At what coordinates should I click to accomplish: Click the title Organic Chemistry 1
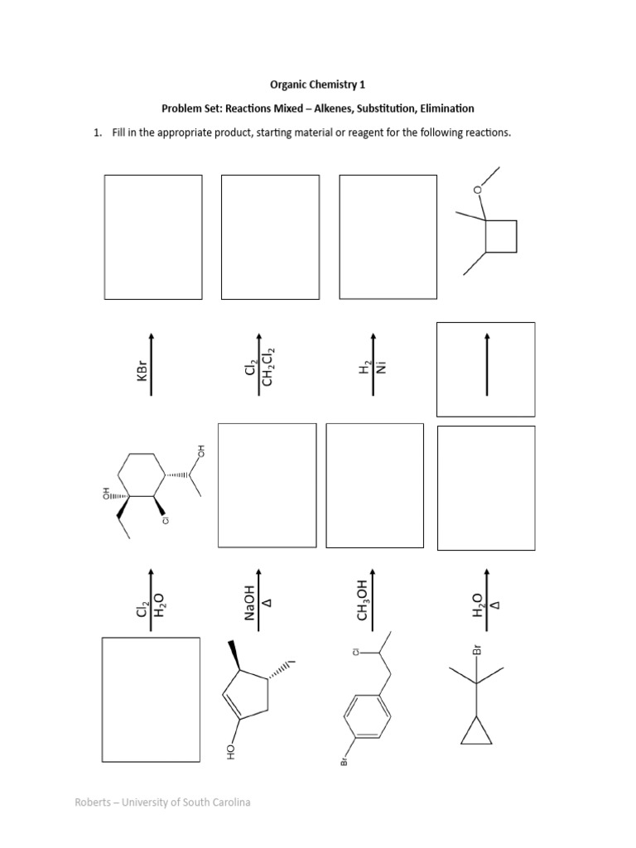[318, 84]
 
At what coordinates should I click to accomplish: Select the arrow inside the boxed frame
[487, 369]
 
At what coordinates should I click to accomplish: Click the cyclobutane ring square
[501, 235]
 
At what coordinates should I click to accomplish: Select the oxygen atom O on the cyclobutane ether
[477, 190]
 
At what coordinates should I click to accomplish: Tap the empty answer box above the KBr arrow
[153, 237]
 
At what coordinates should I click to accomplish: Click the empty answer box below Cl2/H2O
[150, 701]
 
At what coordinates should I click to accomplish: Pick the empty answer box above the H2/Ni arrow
[388, 236]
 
